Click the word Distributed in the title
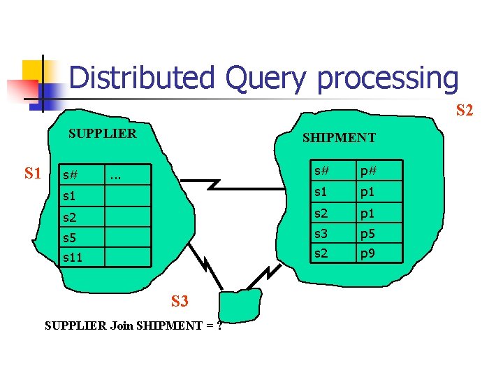141,78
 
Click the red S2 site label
465,110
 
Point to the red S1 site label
33,173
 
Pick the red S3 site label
180,302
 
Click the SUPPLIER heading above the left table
102,133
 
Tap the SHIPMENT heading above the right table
339,138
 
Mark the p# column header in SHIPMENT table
369,171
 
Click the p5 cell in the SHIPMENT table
368,234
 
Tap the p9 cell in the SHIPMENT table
368,253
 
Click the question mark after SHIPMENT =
219,325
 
